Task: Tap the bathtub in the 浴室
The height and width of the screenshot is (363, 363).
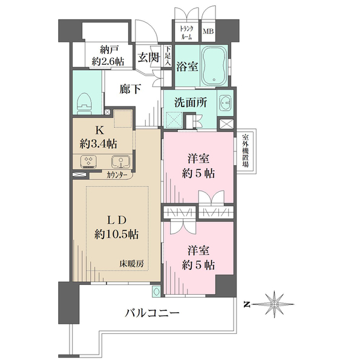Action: (214, 66)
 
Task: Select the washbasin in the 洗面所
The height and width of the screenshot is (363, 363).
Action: (225, 103)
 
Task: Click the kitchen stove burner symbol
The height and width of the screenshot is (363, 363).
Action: (89, 162)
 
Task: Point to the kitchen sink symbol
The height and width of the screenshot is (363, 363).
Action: (120, 162)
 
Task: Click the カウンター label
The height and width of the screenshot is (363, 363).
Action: (117, 175)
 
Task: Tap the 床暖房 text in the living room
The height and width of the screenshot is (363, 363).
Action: (131, 263)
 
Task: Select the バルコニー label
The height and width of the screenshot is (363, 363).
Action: (152, 313)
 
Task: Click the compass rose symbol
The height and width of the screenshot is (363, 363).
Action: (274, 304)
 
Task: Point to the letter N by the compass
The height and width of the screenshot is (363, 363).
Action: (247, 305)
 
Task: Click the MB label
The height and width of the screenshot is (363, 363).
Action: (208, 31)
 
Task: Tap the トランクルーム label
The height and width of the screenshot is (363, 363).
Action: (186, 33)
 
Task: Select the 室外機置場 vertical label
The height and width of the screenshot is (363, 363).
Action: (246, 151)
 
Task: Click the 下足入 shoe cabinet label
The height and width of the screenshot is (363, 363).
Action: (168, 56)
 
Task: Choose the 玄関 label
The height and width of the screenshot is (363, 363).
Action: (148, 57)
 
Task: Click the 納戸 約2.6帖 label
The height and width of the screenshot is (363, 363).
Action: (108, 56)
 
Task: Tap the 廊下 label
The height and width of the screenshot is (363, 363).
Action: (130, 89)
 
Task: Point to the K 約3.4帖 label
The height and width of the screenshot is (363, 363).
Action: (99, 137)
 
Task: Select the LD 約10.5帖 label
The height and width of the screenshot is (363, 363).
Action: (117, 228)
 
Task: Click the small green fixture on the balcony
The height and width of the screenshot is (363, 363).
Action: (156, 291)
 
